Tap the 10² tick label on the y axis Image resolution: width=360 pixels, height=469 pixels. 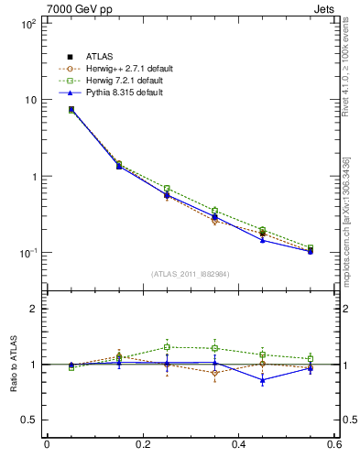(27, 24)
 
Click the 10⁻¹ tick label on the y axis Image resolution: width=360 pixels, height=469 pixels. (27, 253)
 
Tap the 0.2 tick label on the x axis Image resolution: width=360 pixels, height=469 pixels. (142, 445)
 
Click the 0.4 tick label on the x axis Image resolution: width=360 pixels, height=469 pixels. (238, 445)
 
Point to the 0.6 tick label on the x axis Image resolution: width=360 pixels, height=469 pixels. (333, 445)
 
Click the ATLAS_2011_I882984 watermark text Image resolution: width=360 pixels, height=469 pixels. (190, 274)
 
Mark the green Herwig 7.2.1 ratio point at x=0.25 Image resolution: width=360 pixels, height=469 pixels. (167, 347)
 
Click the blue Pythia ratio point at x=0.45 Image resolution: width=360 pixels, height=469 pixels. (263, 379)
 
